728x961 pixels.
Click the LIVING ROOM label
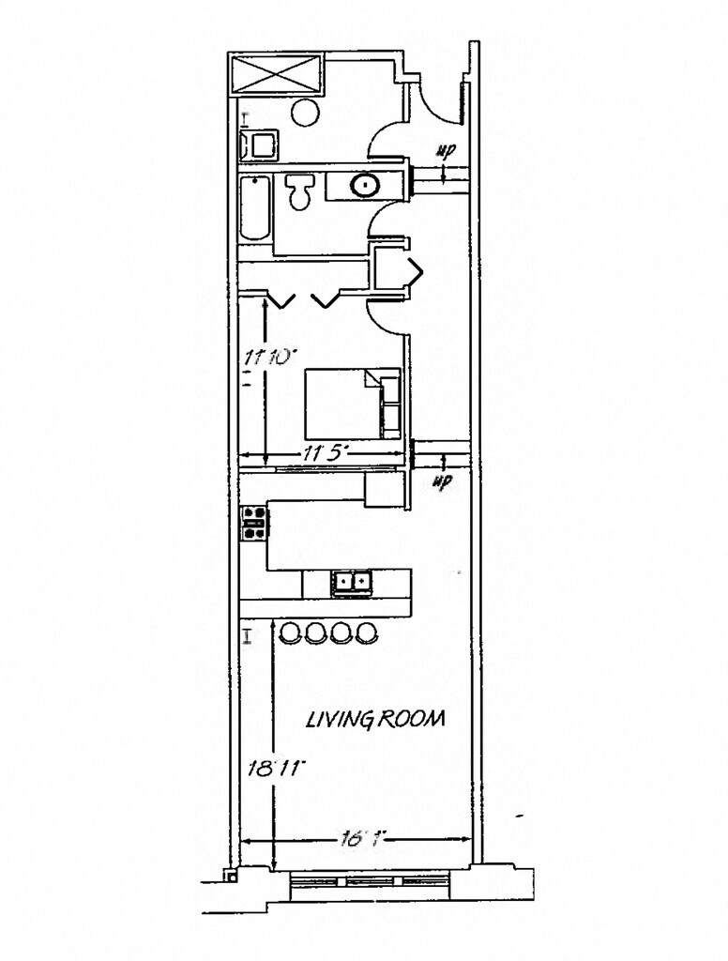(x=376, y=720)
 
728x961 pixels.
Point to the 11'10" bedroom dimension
(x=270, y=357)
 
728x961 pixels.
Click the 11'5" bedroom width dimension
(x=326, y=453)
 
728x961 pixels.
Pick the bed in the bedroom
(x=352, y=404)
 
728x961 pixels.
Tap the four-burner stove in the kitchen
(x=254, y=523)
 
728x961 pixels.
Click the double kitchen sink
(x=352, y=583)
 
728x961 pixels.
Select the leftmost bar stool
(x=291, y=633)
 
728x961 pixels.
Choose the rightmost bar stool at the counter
(x=367, y=633)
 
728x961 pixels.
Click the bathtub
(x=254, y=208)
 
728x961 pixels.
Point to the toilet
(x=301, y=191)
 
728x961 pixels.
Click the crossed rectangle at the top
(x=277, y=74)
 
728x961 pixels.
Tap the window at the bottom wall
(x=370, y=881)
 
